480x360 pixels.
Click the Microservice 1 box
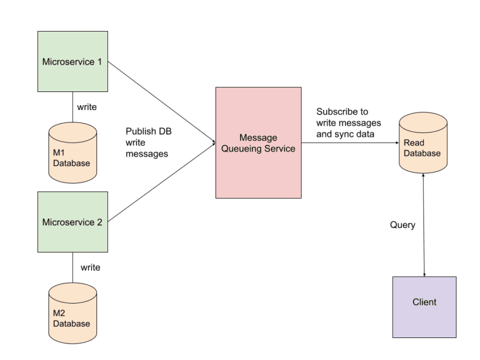pos(72,62)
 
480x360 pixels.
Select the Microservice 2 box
pos(72,222)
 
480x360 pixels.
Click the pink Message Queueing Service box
pos(258,143)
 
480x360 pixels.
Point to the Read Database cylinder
pos(423,143)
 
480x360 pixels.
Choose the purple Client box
pos(424,307)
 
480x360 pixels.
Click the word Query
pos(403,225)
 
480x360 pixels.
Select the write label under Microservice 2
pos(90,267)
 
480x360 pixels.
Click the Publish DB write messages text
pos(149,142)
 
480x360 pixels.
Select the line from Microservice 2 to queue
pos(161,181)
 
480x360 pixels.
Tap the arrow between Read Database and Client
pos(424,237)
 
